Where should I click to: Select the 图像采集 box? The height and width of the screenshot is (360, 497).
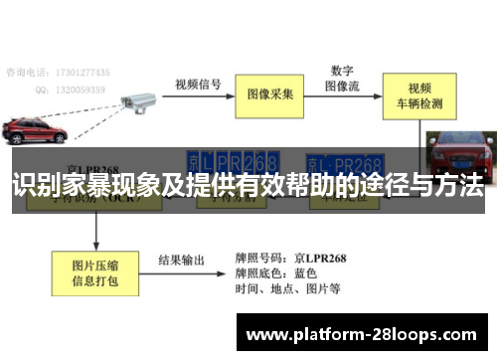coord(270,94)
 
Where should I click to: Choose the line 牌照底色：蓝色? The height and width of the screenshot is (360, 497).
coord(276,272)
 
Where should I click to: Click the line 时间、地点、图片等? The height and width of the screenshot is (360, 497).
coord(288,289)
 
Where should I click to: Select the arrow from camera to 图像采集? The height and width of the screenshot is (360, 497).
coord(199,94)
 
